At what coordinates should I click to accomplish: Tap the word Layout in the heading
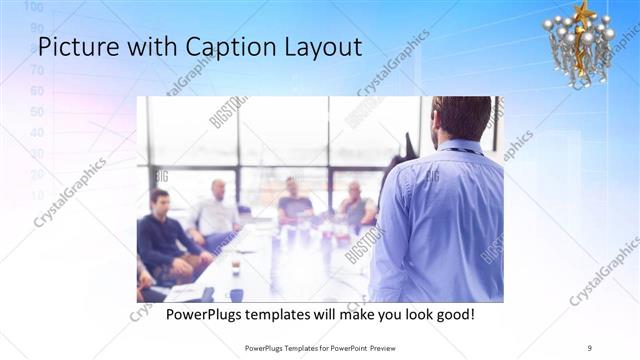point(316,47)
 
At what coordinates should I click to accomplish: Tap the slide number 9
point(590,347)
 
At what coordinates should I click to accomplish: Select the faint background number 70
point(38,70)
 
